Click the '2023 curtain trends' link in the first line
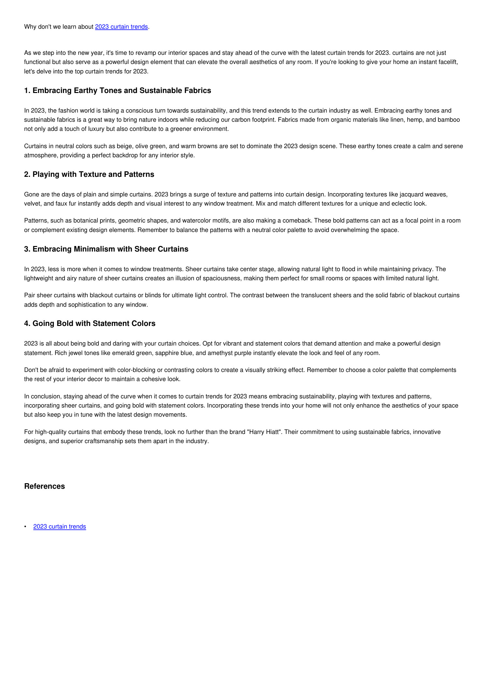[121, 27]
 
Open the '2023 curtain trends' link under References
[60, 526]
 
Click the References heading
[44, 486]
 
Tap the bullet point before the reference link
[25, 527]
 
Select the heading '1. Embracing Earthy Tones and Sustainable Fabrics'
[117, 90]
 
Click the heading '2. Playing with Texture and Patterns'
[89, 174]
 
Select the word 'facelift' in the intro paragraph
[447, 62]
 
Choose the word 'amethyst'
[218, 353]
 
